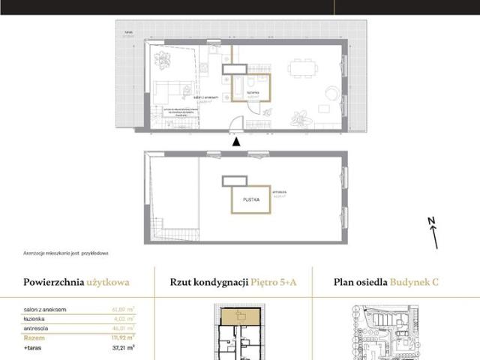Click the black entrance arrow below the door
click(236, 141)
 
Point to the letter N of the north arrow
click(430, 220)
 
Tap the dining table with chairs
click(304, 68)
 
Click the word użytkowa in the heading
click(106, 282)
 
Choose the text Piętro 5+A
click(274, 283)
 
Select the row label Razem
click(34, 338)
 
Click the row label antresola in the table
click(37, 328)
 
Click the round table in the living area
click(330, 94)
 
